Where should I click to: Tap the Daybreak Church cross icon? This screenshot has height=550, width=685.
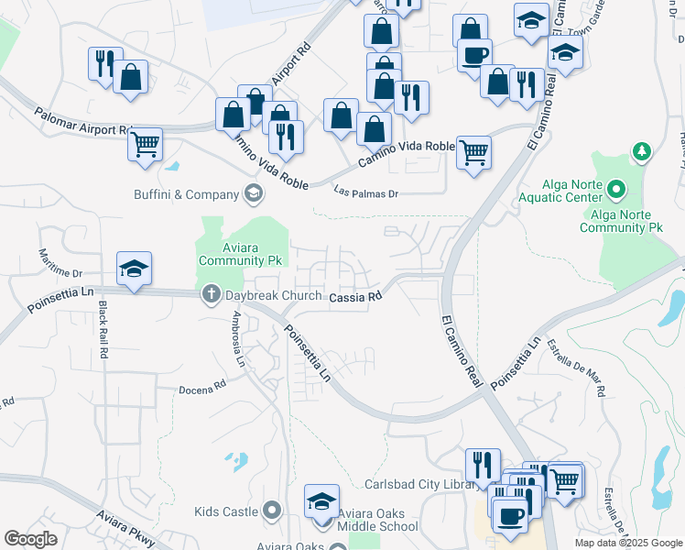click(x=211, y=294)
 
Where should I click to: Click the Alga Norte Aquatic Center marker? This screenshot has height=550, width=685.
click(x=617, y=191)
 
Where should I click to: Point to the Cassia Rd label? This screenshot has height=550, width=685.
click(x=354, y=297)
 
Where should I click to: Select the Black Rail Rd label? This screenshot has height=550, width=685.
click(x=103, y=329)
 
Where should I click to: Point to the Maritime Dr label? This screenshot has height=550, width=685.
click(x=60, y=262)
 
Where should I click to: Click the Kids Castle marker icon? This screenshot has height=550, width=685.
click(x=271, y=511)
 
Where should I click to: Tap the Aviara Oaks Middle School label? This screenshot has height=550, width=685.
click(x=376, y=520)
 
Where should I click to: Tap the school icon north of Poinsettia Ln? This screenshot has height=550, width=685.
click(x=135, y=269)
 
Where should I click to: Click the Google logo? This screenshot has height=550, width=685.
click(x=30, y=539)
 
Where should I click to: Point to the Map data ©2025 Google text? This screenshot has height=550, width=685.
click(x=627, y=543)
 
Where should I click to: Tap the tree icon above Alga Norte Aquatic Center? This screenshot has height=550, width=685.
click(x=642, y=151)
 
